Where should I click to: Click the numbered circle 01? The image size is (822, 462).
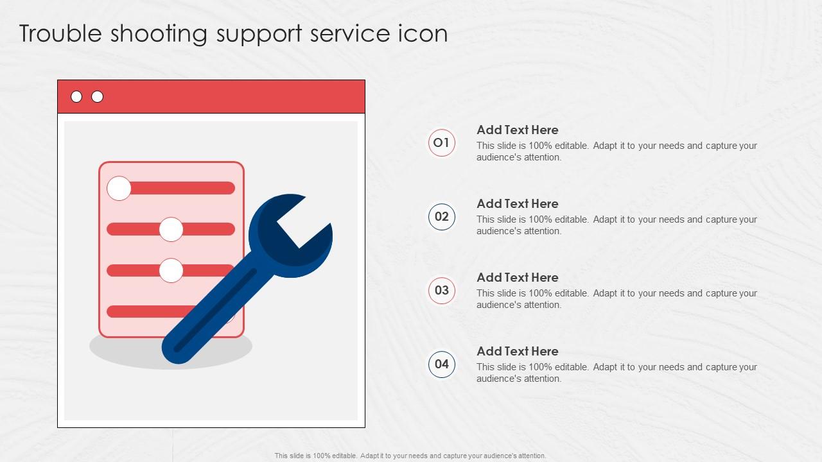coord(442,142)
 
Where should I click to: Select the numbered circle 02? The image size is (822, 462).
coord(442,216)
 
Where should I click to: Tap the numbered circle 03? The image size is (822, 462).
coord(442,290)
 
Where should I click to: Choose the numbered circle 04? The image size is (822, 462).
coord(442,364)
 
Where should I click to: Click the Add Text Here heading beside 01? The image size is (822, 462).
coord(517,130)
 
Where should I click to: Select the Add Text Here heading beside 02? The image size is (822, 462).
coord(517,203)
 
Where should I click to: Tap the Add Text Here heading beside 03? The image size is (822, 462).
coord(517,277)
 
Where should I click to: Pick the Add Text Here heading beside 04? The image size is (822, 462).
coord(517,351)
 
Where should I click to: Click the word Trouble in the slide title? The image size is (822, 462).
coord(60,33)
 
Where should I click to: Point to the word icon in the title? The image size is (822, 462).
coord(424,33)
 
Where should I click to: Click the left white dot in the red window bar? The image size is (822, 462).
coord(76,97)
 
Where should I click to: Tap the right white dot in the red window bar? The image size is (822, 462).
coord(97,97)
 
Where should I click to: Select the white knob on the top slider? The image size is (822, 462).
coord(119,188)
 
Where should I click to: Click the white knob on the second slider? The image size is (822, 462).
coord(171,229)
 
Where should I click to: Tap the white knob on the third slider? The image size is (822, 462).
coord(171,270)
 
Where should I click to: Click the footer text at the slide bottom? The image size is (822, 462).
coord(410,456)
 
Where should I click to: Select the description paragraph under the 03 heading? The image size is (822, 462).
coord(616,299)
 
